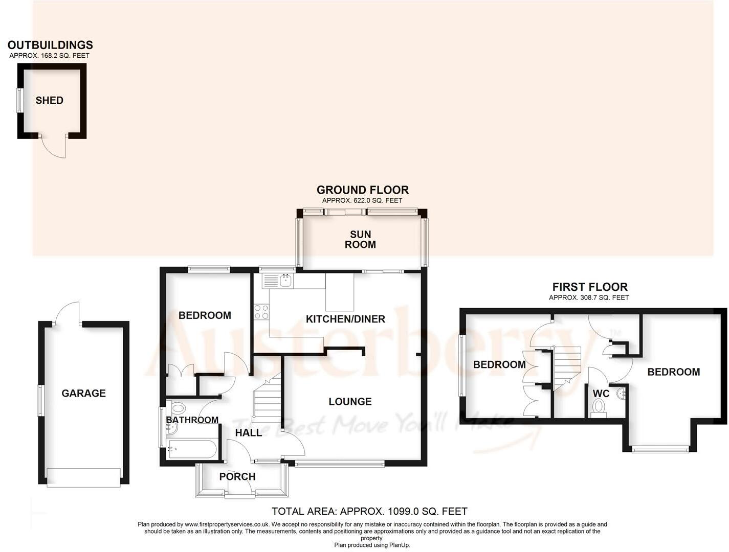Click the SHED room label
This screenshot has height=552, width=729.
[50, 100]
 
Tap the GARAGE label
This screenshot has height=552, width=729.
[83, 393]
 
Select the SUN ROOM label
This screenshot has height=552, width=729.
[360, 239]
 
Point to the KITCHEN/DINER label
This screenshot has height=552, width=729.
[345, 319]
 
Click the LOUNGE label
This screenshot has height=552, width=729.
[350, 401]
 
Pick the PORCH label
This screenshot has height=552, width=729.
[237, 476]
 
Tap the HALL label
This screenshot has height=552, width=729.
[249, 432]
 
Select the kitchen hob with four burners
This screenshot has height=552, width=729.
[261, 311]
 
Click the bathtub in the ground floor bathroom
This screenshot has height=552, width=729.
[191, 449]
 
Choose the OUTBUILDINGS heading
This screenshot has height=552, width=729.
[50, 45]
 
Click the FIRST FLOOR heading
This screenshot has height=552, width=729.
[590, 287]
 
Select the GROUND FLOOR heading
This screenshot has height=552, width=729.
[363, 190]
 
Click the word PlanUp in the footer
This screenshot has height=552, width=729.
[399, 545]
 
